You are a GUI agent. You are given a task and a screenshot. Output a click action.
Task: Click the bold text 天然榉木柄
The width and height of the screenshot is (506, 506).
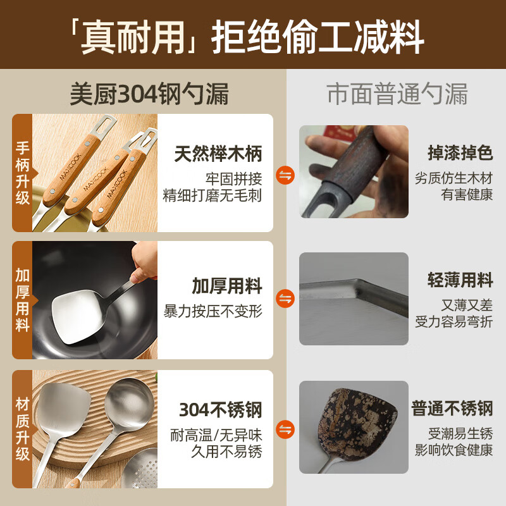[218, 154]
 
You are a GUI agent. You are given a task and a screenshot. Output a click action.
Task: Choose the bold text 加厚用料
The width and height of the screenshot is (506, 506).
[227, 287]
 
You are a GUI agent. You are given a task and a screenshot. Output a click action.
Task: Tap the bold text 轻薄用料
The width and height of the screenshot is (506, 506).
[460, 281]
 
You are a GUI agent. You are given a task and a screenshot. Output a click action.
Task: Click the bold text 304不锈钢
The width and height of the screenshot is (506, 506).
[220, 410]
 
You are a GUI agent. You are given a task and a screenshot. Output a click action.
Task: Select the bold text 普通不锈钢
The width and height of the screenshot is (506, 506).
[452, 408]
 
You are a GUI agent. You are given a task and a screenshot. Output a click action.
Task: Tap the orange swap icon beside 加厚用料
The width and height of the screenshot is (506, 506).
[285, 299]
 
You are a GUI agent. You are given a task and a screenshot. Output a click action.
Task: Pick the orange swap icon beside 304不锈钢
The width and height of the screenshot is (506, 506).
[285, 429]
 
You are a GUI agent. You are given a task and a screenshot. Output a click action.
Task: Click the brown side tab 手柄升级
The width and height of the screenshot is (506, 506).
[23, 172]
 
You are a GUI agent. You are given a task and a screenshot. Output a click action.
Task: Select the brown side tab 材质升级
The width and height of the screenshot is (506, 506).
[23, 428]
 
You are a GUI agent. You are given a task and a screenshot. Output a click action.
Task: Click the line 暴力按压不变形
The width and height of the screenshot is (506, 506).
[213, 311]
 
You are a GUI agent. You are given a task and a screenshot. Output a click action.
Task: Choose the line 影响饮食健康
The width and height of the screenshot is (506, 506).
[453, 450]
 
